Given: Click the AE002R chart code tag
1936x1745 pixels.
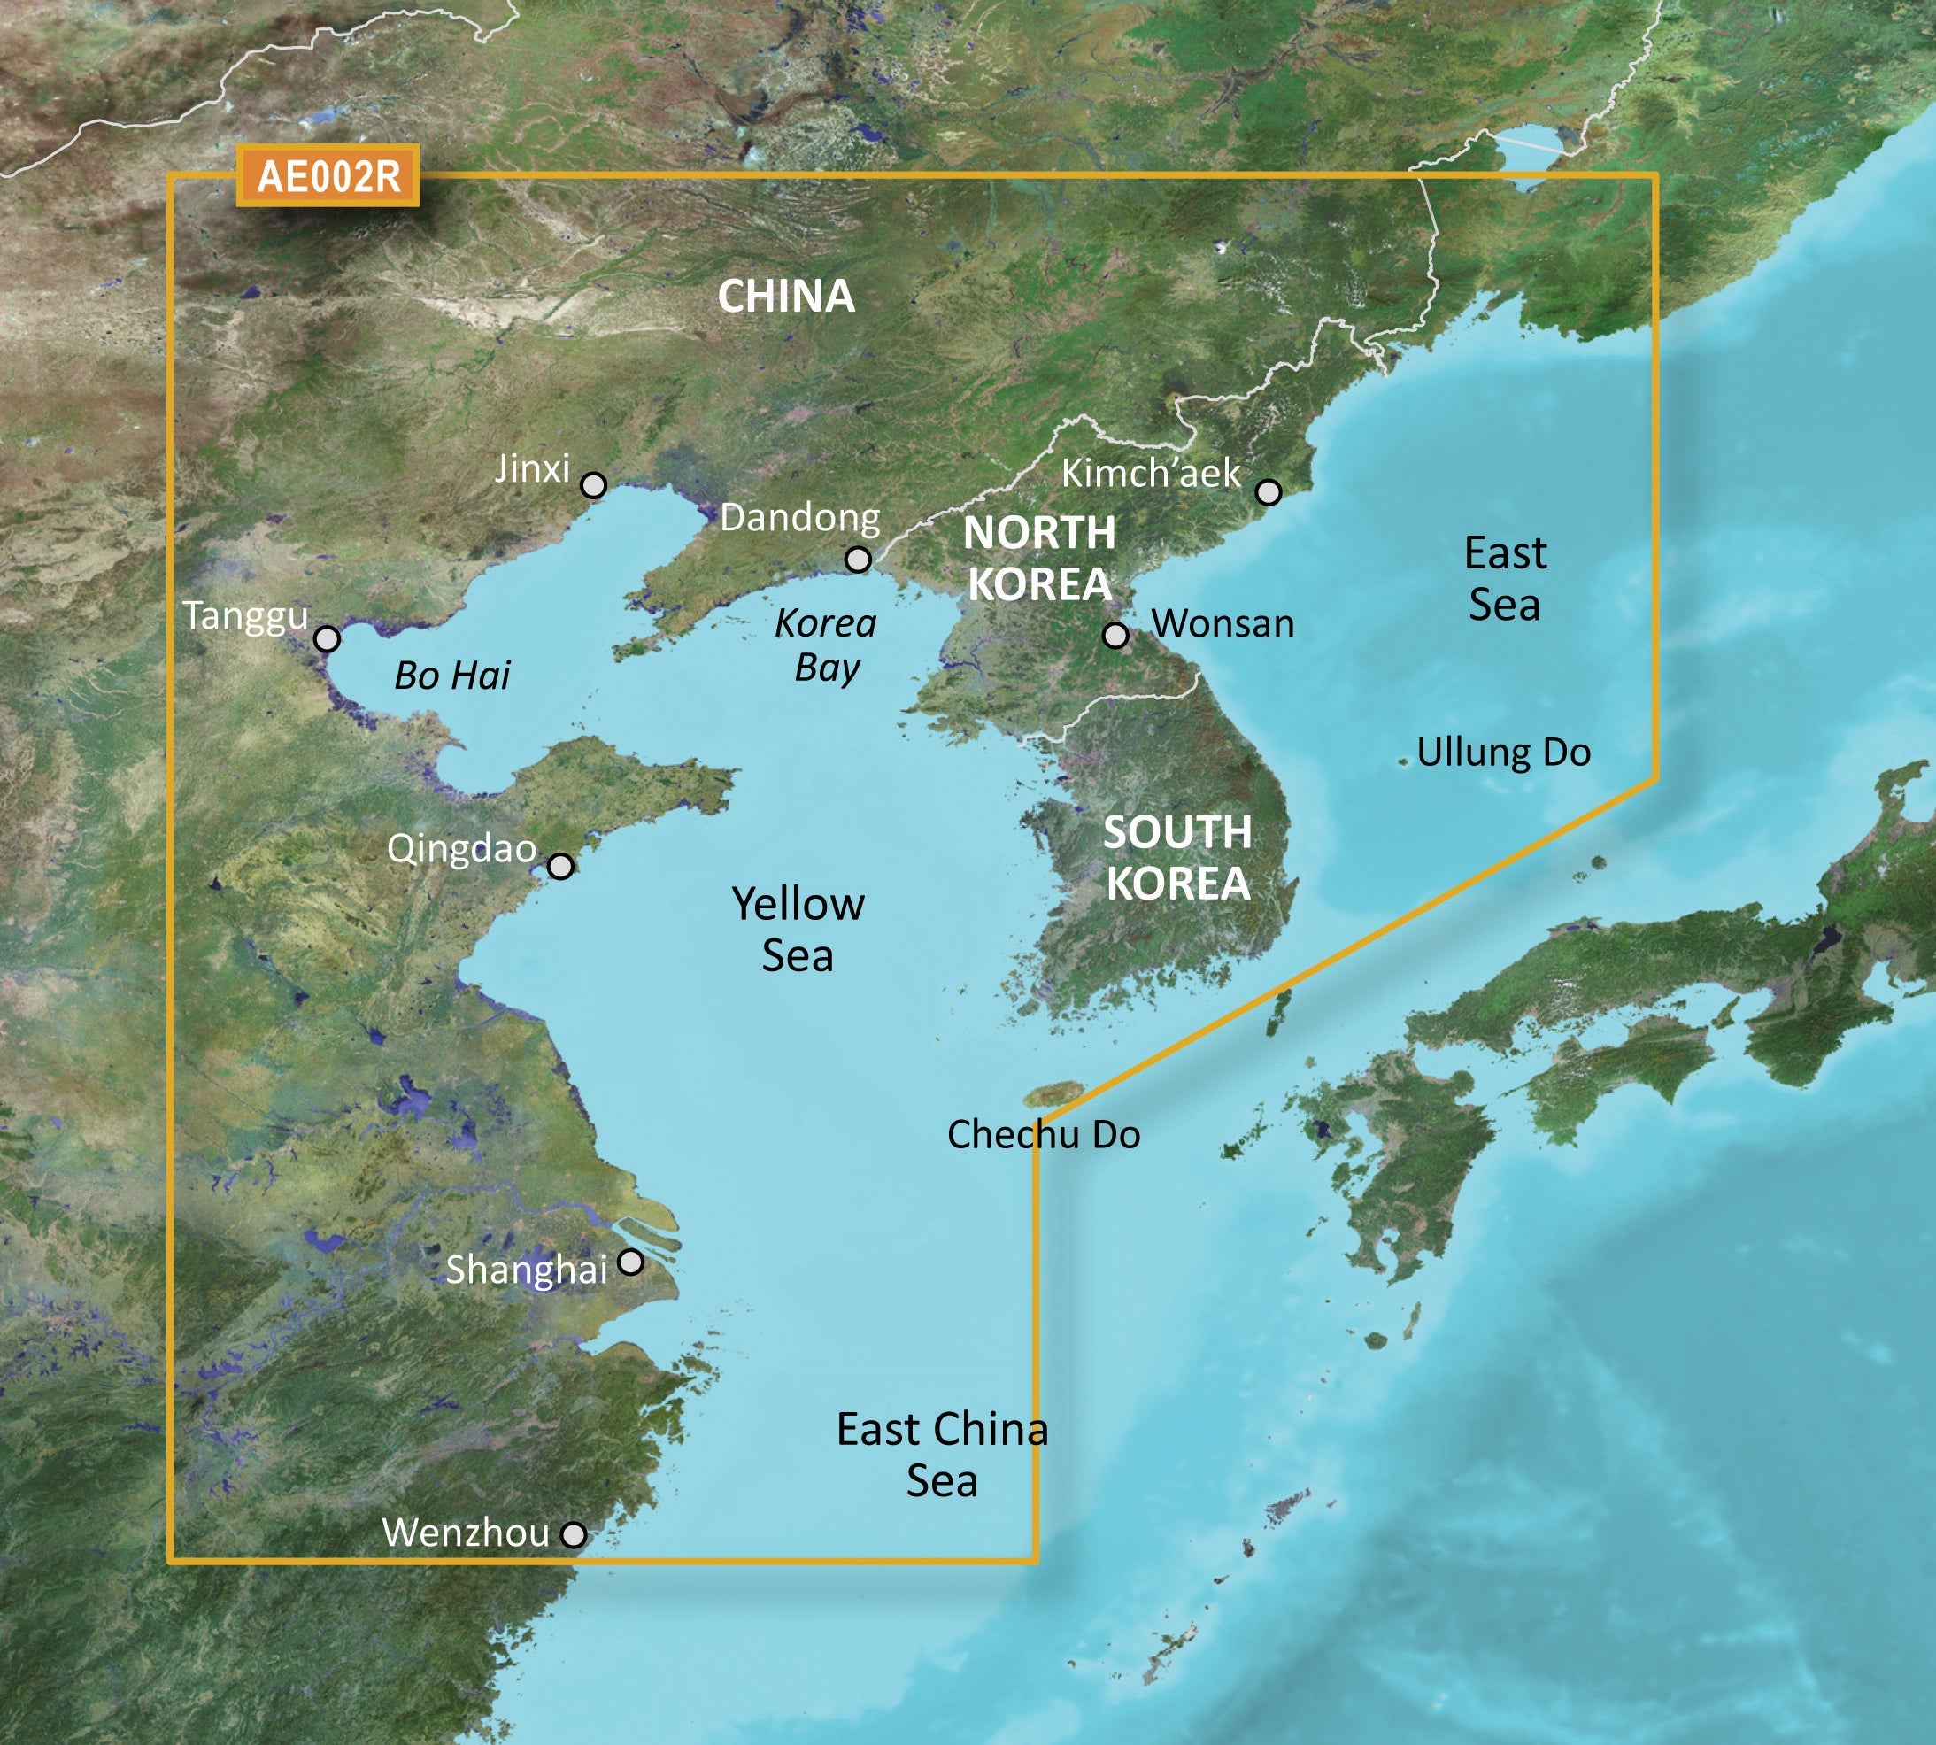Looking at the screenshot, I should click(328, 176).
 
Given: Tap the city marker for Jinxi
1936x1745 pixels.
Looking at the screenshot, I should click(593, 485).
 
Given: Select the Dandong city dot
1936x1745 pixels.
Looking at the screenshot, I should click(858, 559).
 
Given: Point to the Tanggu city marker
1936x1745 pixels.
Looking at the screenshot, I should click(327, 638).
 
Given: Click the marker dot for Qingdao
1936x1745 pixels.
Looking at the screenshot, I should click(560, 867).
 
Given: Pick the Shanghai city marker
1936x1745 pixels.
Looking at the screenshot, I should click(630, 1262).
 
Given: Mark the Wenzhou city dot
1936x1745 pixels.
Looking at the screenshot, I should click(573, 1535).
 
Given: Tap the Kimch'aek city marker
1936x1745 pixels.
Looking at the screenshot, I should click(1269, 492).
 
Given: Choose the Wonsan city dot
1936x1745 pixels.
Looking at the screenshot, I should click(1115, 635).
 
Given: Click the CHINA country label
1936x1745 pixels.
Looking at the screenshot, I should click(786, 297).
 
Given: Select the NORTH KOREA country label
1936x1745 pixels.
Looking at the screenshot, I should click(1040, 558).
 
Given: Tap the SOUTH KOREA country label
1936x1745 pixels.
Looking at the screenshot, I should click(1178, 857).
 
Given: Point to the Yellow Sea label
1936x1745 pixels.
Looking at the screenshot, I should click(798, 930).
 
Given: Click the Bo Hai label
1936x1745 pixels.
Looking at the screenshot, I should click(452, 676).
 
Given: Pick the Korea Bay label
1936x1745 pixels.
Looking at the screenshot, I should click(826, 645).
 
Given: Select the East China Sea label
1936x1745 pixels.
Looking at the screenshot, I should click(942, 1455).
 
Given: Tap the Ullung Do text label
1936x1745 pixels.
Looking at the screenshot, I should click(1504, 753).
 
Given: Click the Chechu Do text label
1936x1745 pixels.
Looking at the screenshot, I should click(1044, 1135).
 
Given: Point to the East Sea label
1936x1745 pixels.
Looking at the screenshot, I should click(1505, 579).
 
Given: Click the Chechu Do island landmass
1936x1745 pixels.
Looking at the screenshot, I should click(1053, 1093).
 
